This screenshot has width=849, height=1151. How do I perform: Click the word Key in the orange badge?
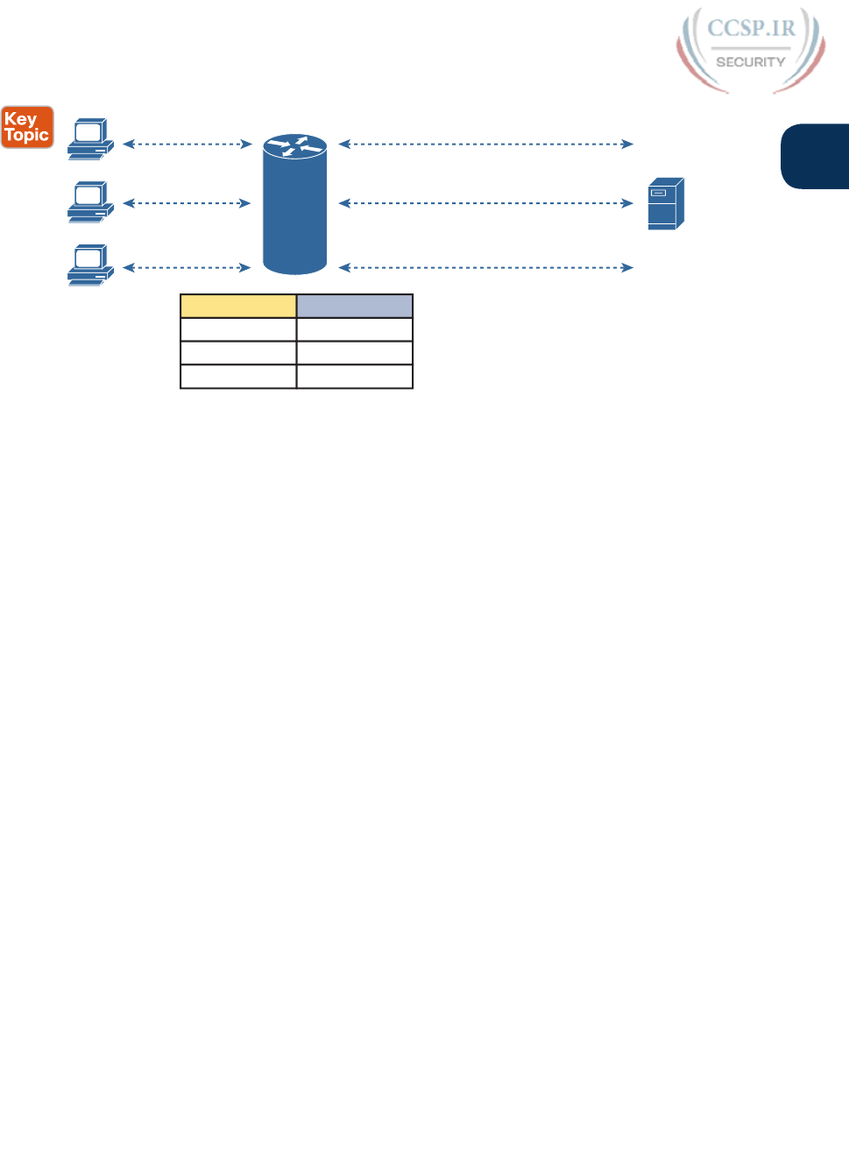tap(20, 119)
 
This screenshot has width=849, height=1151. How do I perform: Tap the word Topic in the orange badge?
tap(26, 136)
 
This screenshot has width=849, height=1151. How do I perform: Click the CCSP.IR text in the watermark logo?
tap(751, 29)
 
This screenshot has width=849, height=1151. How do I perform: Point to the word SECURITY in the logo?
tap(750, 62)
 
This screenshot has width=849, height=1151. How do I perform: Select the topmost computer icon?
tap(90, 138)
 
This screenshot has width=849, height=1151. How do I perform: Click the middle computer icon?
tap(90, 201)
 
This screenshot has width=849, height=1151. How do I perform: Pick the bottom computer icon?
tap(90, 265)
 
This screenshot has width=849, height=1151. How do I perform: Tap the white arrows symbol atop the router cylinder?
tap(295, 146)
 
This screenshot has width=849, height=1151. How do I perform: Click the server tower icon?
tap(665, 203)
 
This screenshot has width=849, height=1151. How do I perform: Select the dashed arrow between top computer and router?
tap(187, 144)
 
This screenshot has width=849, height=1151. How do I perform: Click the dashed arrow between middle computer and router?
tap(187, 203)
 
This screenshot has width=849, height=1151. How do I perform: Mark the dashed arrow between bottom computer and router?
tap(187, 267)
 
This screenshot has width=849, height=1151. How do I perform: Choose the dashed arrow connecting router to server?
tap(485, 203)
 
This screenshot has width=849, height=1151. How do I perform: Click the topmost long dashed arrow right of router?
tap(485, 144)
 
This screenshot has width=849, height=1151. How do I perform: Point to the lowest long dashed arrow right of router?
tap(485, 267)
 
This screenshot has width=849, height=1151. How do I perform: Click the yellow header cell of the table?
tap(238, 306)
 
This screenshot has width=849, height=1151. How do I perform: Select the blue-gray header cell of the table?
tap(355, 306)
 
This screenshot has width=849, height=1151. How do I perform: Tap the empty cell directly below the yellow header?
tap(238, 329)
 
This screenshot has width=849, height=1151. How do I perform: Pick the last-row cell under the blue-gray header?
tap(355, 377)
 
